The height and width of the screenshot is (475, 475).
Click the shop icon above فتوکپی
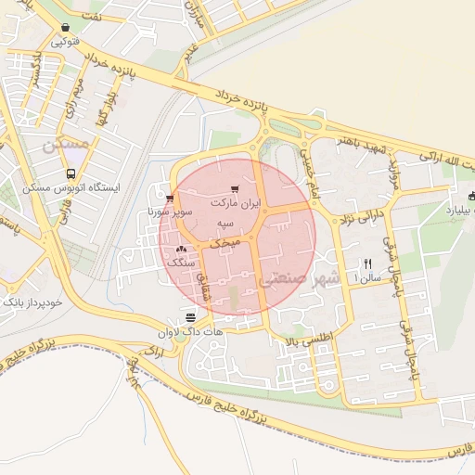pyautogui.click(x=64, y=28)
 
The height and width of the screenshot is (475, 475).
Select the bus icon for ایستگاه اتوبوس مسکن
pyautogui.click(x=71, y=173)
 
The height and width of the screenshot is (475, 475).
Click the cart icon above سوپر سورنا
pyautogui.click(x=169, y=198)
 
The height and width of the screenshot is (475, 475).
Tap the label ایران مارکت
pyautogui.click(x=237, y=202)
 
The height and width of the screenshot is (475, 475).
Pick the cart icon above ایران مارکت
pyautogui.click(x=235, y=189)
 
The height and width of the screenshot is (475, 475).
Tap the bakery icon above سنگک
pyautogui.click(x=181, y=250)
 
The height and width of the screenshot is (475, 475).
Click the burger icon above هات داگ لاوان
pyautogui.click(x=190, y=317)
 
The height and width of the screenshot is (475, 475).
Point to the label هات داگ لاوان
pyautogui.click(x=193, y=331)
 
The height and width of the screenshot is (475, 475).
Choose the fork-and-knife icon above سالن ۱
pyautogui.click(x=367, y=263)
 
